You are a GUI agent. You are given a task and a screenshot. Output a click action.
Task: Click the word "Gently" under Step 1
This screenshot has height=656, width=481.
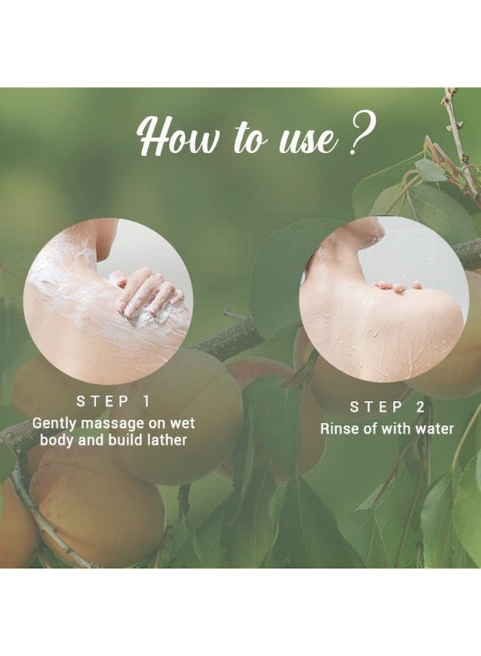click(55, 423)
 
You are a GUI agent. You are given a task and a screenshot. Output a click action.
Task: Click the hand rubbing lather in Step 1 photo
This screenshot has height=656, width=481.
click(148, 292)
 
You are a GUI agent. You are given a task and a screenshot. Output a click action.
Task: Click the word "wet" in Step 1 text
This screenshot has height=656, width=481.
click(179, 423)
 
